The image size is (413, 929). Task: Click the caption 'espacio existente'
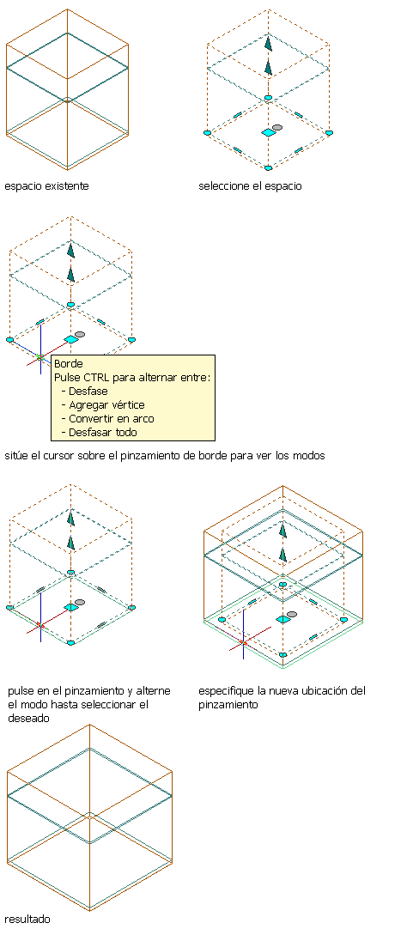(x=47, y=186)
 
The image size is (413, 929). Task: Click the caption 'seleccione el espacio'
(x=250, y=186)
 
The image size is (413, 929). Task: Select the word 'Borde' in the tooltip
(x=68, y=364)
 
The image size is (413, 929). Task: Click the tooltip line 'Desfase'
(x=88, y=391)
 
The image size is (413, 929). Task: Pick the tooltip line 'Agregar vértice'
(x=106, y=405)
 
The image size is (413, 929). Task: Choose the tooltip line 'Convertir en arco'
(x=112, y=419)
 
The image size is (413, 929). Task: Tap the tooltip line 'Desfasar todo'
(x=102, y=433)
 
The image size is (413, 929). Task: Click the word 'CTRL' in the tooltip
(x=92, y=378)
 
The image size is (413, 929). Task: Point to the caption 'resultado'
(x=27, y=919)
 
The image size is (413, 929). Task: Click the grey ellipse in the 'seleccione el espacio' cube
(x=277, y=127)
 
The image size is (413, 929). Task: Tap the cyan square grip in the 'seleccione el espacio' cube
(x=269, y=133)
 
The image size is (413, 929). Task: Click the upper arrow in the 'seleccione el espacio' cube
(x=269, y=44)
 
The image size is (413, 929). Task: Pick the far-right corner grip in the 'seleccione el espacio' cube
(x=330, y=133)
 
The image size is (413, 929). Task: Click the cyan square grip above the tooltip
(x=72, y=339)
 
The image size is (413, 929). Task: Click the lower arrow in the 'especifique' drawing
(x=283, y=555)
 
